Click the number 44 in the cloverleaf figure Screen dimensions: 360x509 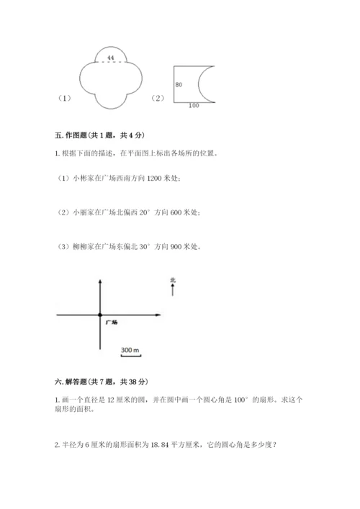point(110,56)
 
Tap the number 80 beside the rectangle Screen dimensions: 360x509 point(179,85)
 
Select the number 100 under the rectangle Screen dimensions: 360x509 point(193,107)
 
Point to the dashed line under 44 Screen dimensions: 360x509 point(110,62)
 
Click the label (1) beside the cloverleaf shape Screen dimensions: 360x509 point(64,99)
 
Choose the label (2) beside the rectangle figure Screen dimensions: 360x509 point(158,99)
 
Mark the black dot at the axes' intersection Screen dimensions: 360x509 point(100,314)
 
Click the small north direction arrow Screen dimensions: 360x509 point(173,289)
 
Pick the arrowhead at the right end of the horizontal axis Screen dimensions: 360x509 point(156,314)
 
